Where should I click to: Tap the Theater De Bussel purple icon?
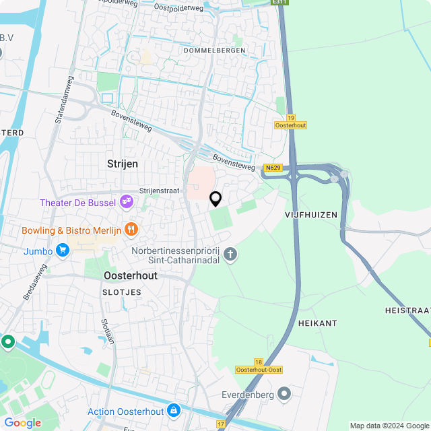[x=126, y=201]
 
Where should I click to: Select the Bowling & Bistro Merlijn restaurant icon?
[x=131, y=229]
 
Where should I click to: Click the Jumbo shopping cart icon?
[x=63, y=251]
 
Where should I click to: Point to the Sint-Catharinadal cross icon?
[x=230, y=254]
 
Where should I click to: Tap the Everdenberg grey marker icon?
[x=284, y=393]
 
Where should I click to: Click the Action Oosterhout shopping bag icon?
[x=174, y=409]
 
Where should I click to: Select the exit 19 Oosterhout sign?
[x=291, y=121]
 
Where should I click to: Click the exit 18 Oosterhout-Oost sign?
[x=259, y=366]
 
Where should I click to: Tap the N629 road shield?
[x=273, y=168]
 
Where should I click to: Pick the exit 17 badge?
[x=222, y=424]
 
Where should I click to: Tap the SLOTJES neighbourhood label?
[x=122, y=292]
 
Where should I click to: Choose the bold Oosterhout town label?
[x=131, y=276]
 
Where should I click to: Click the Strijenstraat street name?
[x=159, y=191]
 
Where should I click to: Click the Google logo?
[x=22, y=422]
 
